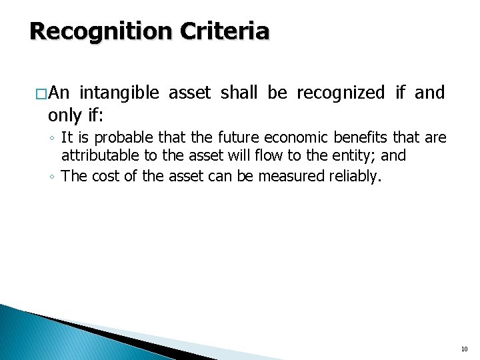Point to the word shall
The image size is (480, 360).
coord(239,93)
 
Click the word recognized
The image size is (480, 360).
coord(341,93)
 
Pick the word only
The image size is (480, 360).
coord(65,115)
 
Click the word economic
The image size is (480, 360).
coord(296,139)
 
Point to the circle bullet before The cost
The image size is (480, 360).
coord(52,177)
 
